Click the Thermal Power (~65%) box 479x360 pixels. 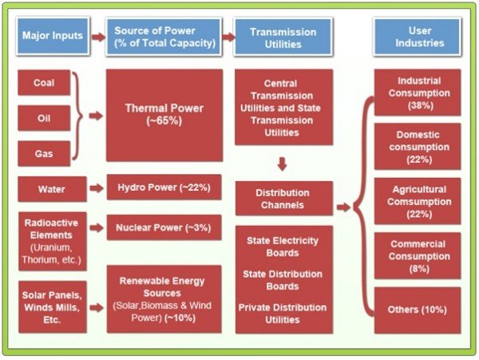164,115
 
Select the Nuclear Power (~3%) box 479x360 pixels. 164,227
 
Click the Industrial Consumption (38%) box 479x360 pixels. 418,93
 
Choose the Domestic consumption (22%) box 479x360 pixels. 418,146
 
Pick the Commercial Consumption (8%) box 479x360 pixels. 418,255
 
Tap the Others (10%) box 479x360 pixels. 418,310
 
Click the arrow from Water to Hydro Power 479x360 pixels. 96,190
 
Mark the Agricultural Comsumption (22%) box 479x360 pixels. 418,200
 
